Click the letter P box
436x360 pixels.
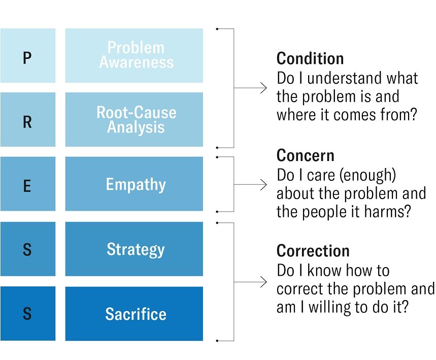click(x=27, y=56)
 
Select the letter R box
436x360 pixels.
click(x=27, y=120)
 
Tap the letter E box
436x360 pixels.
click(x=27, y=184)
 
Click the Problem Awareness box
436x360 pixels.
click(x=134, y=56)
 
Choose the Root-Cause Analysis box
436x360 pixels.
click(x=134, y=120)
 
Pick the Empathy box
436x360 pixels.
click(x=134, y=184)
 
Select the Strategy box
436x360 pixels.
click(x=134, y=249)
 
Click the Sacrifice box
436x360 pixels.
click(x=134, y=313)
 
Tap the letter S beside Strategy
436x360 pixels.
click(x=27, y=249)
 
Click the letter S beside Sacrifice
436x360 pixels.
click(x=27, y=314)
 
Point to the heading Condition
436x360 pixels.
click(x=310, y=59)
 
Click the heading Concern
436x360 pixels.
click(x=306, y=155)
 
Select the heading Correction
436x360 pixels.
click(x=313, y=251)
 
